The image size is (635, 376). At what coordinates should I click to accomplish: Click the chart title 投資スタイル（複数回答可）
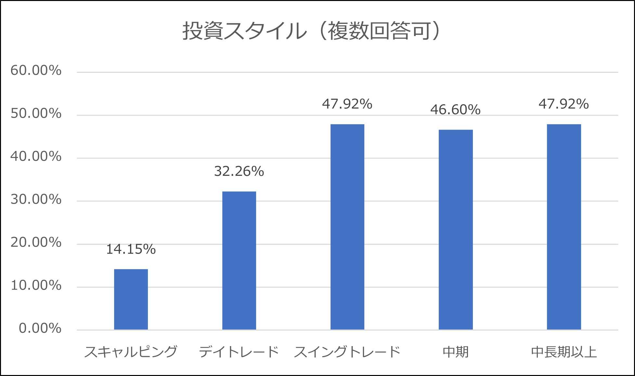pyautogui.click(x=311, y=31)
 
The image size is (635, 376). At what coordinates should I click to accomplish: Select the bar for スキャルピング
pyautogui.click(x=131, y=299)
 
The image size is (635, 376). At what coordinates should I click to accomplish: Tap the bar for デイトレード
pyautogui.click(x=239, y=261)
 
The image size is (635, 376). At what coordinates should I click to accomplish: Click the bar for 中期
pyautogui.click(x=456, y=230)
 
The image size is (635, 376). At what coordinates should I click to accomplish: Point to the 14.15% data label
pyautogui.click(x=131, y=249)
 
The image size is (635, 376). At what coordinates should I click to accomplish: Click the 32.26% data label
pyautogui.click(x=239, y=171)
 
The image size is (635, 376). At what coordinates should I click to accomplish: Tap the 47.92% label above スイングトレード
pyautogui.click(x=347, y=104)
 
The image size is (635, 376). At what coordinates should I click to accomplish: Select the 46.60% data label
pyautogui.click(x=455, y=110)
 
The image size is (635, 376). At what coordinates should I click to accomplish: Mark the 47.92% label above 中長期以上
pyautogui.click(x=564, y=104)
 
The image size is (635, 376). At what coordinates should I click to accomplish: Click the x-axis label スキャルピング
pyautogui.click(x=131, y=352)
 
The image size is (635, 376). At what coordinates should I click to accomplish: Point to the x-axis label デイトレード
pyautogui.click(x=239, y=352)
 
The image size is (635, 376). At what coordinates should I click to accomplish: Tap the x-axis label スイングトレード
pyautogui.click(x=347, y=352)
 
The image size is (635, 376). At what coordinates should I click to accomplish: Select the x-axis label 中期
pyautogui.click(x=456, y=352)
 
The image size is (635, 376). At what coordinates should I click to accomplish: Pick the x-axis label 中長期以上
pyautogui.click(x=564, y=352)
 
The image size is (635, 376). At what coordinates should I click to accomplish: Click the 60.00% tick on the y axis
pyautogui.click(x=36, y=71)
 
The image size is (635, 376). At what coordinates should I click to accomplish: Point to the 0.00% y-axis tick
pyautogui.click(x=40, y=329)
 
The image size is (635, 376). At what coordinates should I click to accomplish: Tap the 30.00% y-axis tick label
pyautogui.click(x=36, y=200)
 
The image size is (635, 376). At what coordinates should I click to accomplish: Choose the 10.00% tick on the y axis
pyautogui.click(x=36, y=286)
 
